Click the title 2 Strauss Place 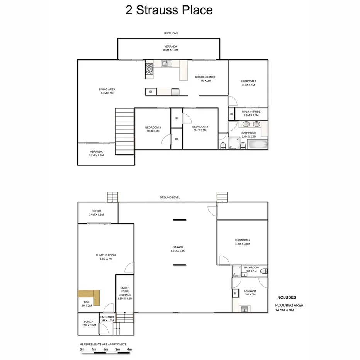[169, 10]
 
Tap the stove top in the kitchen [149, 69]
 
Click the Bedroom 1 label [248, 81]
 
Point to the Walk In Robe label [251, 112]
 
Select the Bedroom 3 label [153, 127]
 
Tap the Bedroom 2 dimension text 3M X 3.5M [200, 131]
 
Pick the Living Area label [107, 90]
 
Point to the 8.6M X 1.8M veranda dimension [170, 50]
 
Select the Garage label [178, 247]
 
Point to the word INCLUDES [286, 297]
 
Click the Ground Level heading [170, 197]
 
